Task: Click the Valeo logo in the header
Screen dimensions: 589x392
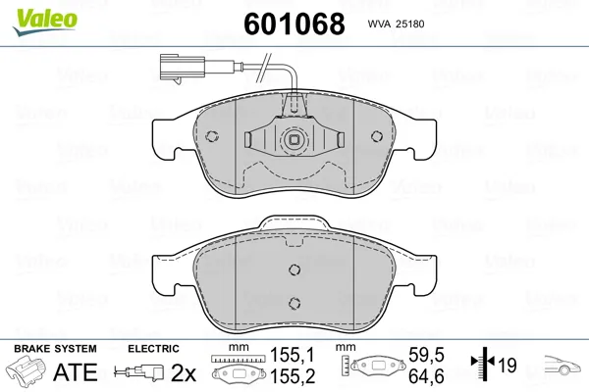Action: tap(45, 23)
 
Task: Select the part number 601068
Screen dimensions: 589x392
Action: tap(294, 24)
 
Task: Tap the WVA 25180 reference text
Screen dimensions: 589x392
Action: tap(396, 24)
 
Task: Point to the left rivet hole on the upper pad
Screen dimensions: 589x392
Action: tap(212, 136)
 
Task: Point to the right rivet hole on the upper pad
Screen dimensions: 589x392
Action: tap(377, 136)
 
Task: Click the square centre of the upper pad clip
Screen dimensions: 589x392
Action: tap(294, 140)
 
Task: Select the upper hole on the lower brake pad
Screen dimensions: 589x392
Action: tap(294, 269)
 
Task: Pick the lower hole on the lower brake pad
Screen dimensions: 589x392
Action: tap(294, 303)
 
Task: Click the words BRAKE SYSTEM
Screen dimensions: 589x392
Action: tap(55, 349)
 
